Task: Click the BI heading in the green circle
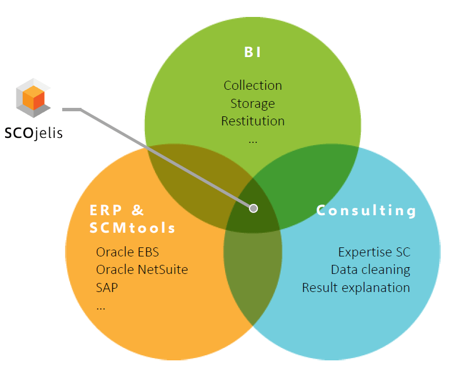pyautogui.click(x=252, y=53)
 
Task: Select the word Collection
pyautogui.click(x=253, y=85)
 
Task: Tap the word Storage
pyautogui.click(x=252, y=103)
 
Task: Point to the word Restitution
pyautogui.click(x=253, y=121)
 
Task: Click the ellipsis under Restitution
pyautogui.click(x=253, y=142)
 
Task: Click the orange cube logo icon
pyautogui.click(x=33, y=98)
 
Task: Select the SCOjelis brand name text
pyautogui.click(x=34, y=133)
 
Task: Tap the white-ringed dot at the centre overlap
pyautogui.click(x=253, y=208)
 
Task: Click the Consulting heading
pyautogui.click(x=366, y=210)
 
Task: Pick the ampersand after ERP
pyautogui.click(x=137, y=210)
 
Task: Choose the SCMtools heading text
pyautogui.click(x=132, y=228)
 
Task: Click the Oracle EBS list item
pyautogui.click(x=127, y=252)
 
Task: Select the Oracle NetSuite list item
pyautogui.click(x=142, y=270)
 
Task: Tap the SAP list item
pyautogui.click(x=107, y=287)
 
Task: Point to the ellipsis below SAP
pyautogui.click(x=101, y=308)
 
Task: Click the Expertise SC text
pyautogui.click(x=374, y=252)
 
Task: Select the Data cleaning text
pyautogui.click(x=371, y=270)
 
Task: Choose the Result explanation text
pyautogui.click(x=356, y=287)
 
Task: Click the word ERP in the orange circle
pyautogui.click(x=106, y=210)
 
